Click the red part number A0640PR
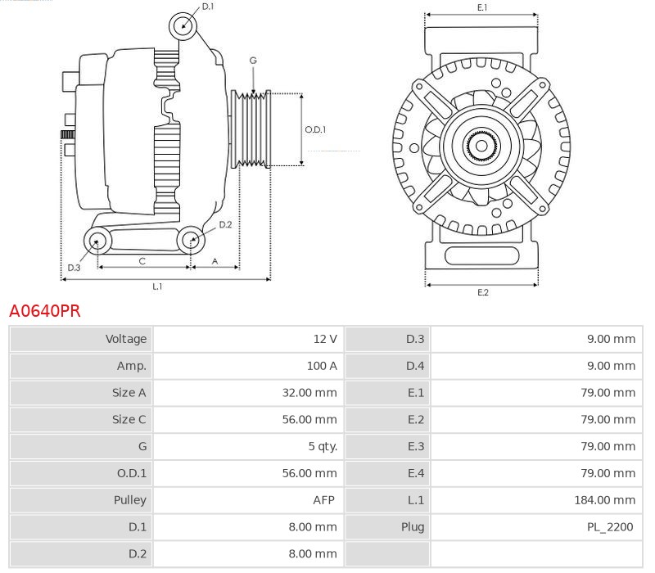pos(44,311)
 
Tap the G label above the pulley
pos(253,61)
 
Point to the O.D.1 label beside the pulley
pos(315,129)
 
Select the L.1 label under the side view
pos(157,286)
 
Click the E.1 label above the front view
pos(482,7)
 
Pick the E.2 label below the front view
pos(482,292)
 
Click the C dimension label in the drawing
pos(142,261)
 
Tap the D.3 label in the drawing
pos(74,268)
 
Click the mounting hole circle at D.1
pos(183,26)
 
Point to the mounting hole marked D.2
pos(191,240)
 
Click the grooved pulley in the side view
pos(253,129)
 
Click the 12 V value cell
pos(325,339)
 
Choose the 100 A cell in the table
pos(322,366)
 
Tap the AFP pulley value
pos(325,499)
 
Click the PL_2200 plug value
pos(610,527)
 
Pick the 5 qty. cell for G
pos(323,446)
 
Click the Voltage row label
pos(126,339)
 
